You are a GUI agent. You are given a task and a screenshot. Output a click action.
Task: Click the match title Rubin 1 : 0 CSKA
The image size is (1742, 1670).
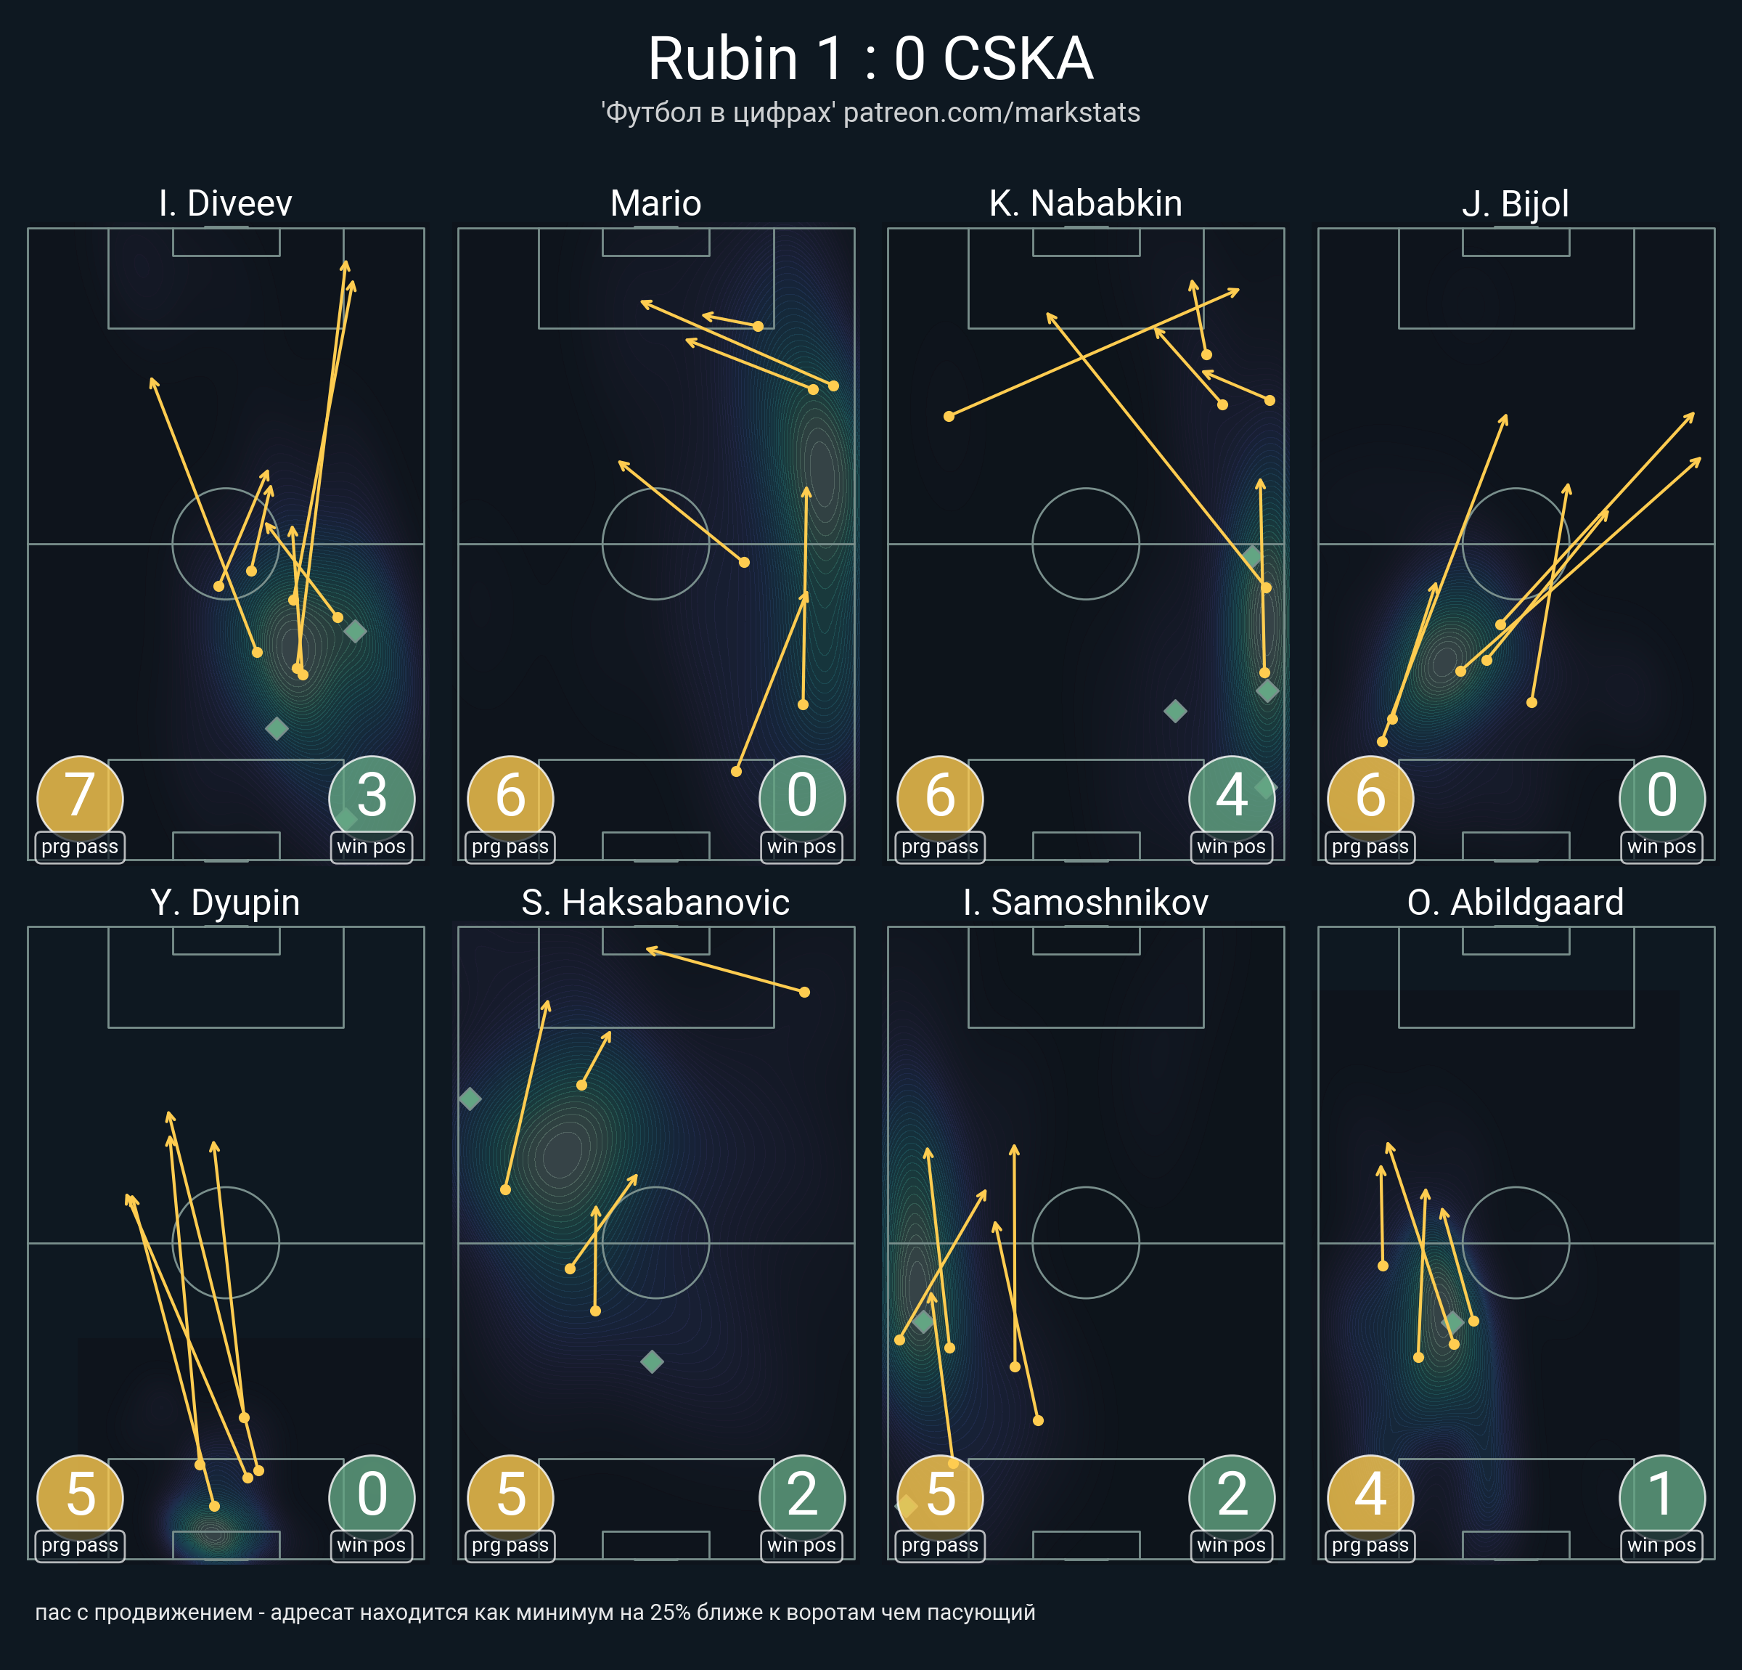(x=870, y=60)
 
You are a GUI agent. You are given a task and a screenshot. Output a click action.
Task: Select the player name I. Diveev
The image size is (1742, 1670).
(x=226, y=203)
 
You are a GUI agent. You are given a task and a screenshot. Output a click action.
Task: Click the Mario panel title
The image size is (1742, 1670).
(x=656, y=203)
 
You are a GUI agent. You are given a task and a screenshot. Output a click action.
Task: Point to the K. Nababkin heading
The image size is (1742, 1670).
(x=1085, y=203)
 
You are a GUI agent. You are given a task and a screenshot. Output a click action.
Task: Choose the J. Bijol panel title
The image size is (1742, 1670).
(x=1516, y=203)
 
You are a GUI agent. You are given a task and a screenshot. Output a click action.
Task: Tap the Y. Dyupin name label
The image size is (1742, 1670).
(x=226, y=903)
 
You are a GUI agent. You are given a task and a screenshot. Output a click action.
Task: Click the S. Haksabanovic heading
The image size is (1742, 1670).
(x=656, y=903)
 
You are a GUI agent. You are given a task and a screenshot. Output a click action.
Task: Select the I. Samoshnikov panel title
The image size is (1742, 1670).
(x=1085, y=903)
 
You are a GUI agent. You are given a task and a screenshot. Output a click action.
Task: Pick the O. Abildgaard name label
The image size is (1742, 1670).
(x=1516, y=903)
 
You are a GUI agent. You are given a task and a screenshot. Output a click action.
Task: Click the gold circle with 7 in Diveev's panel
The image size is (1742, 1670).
(x=80, y=796)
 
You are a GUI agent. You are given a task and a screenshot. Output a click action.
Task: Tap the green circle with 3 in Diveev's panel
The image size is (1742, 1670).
(x=372, y=796)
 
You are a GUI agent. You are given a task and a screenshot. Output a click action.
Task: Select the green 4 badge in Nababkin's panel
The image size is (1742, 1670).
(x=1231, y=796)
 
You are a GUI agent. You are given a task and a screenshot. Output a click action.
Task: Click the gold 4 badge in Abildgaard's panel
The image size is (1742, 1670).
(x=1370, y=1495)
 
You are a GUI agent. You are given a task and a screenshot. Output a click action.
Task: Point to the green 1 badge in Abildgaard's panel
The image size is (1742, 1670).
(x=1661, y=1495)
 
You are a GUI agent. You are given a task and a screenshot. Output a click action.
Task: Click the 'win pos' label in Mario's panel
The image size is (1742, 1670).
(x=801, y=847)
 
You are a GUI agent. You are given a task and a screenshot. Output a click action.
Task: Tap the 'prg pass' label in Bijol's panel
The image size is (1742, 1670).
(x=1370, y=847)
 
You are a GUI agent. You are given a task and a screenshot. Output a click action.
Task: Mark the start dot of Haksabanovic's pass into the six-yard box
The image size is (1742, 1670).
(x=804, y=993)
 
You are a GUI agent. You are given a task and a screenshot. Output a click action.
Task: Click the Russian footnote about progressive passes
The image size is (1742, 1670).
(x=535, y=1612)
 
